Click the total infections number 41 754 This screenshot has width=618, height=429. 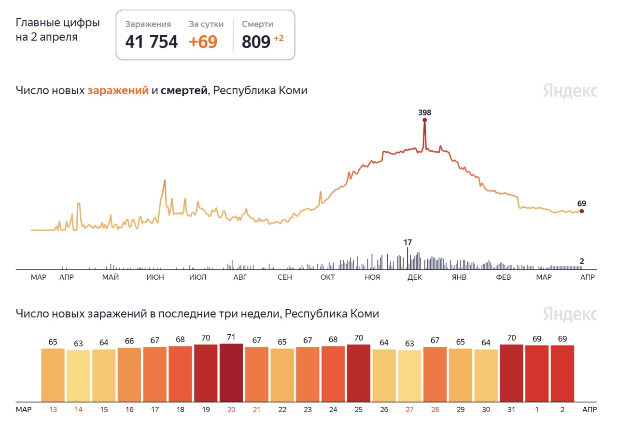(151, 42)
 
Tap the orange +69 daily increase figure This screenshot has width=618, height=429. (203, 42)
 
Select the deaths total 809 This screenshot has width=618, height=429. (256, 42)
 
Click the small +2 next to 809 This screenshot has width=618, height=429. (279, 38)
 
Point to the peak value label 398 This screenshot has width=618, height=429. (424, 113)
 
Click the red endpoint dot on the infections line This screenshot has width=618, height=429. (582, 211)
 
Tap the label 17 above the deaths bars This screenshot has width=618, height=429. (408, 242)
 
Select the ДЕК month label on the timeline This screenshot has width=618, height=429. (415, 277)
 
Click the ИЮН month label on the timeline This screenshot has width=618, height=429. (155, 277)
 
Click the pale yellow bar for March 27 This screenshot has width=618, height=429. (409, 375)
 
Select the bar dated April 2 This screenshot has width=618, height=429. (562, 373)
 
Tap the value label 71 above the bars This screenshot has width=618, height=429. (231, 337)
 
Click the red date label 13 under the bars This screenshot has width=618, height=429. (53, 410)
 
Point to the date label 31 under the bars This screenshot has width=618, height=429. (511, 410)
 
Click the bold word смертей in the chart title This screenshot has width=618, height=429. (184, 90)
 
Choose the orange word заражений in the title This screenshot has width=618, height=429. (118, 90)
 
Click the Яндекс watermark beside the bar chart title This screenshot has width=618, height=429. (570, 314)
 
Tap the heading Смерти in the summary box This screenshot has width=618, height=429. (257, 24)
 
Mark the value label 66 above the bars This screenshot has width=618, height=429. (129, 341)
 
